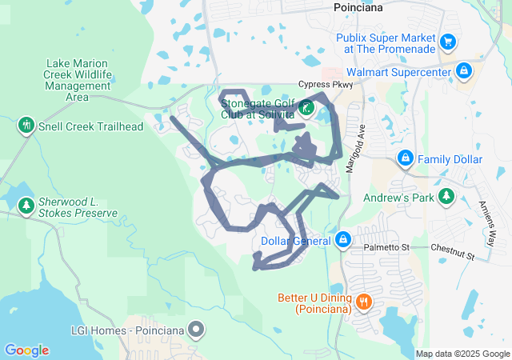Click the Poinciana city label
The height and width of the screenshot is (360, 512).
point(357,7)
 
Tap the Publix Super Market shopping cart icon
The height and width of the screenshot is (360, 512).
point(448,41)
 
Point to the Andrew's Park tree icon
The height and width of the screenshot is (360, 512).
point(446,196)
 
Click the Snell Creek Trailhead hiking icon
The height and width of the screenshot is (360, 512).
point(26,126)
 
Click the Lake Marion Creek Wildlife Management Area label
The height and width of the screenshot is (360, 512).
point(77,80)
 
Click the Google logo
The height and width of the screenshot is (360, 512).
point(26,350)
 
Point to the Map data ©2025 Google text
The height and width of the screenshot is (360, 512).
point(462,354)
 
